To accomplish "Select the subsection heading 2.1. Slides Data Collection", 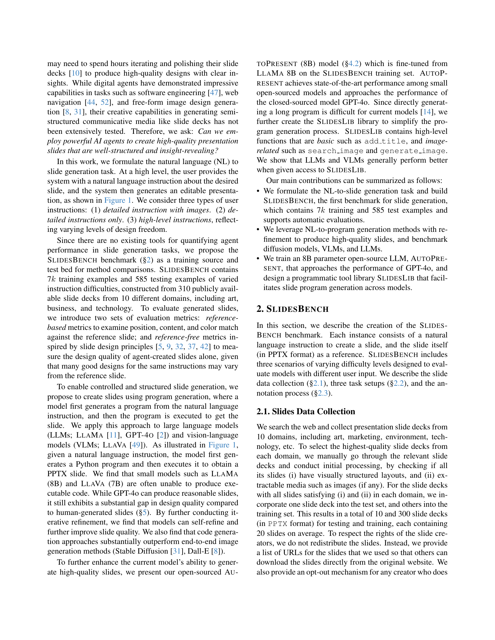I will [305, 411].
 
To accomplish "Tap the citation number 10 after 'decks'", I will [75, 73].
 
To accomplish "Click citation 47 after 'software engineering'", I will [214, 93].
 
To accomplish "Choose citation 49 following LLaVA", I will [136, 445].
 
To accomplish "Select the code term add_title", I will [385, 141].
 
